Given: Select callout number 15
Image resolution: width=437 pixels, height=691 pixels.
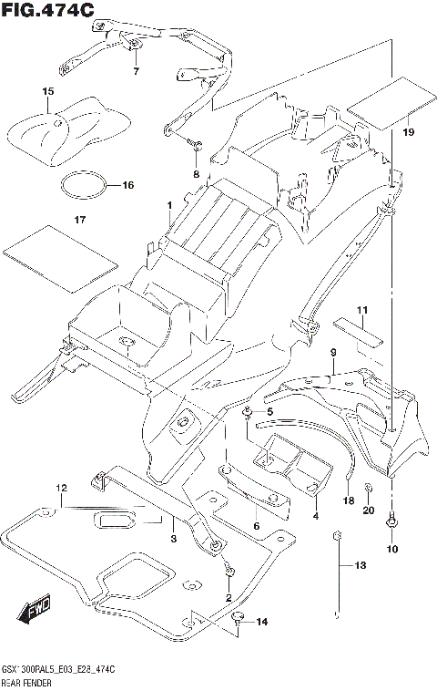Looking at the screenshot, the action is [x=48, y=92].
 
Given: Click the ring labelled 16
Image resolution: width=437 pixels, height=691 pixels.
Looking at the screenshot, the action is [x=84, y=185].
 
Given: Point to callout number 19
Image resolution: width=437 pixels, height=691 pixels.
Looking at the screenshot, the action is [x=409, y=132].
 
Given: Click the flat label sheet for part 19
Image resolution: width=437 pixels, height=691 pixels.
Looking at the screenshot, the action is [x=391, y=104].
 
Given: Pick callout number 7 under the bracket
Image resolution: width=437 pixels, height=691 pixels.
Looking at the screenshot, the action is [x=136, y=70].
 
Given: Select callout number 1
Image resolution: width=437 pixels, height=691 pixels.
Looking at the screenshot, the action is [x=169, y=205].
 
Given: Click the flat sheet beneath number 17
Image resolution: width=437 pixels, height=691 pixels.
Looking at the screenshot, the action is [x=60, y=259].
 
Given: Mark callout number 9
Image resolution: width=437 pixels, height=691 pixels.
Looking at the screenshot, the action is [x=333, y=353].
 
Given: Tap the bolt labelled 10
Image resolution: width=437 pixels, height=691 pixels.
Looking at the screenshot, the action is [x=391, y=521].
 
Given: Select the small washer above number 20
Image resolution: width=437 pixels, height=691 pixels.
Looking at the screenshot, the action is [x=369, y=488].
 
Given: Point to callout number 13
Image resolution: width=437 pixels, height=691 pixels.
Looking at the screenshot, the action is [x=361, y=565].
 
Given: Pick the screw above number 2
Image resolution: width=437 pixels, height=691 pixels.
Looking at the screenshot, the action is [x=229, y=572].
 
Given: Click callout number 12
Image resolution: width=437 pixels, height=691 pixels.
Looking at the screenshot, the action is [x=61, y=489].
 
